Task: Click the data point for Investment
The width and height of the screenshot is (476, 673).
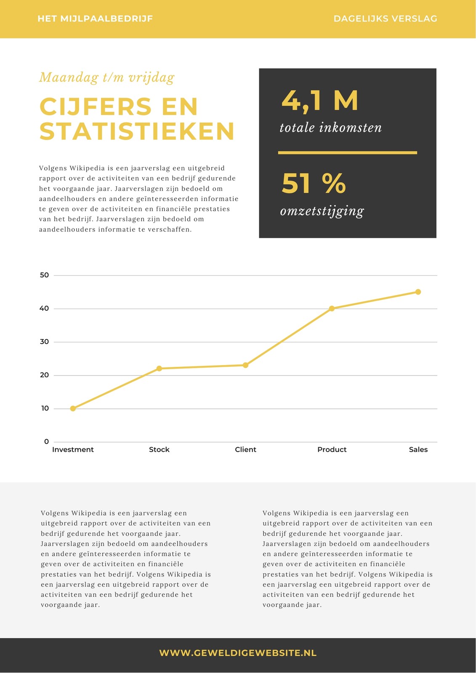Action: pos(73,408)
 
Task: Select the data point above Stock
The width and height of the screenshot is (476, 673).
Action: pos(159,368)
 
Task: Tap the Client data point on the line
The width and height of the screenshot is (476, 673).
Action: pos(245,365)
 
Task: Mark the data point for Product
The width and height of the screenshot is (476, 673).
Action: pos(332,308)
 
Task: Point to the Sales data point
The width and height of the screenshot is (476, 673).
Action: pos(418,292)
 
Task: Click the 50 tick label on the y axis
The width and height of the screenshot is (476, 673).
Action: pos(44,275)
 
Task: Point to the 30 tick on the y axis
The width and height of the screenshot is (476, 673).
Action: pos(44,342)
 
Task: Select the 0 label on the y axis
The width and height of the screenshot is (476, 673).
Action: pos(46,441)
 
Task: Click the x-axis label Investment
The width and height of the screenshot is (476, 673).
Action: pos(73,450)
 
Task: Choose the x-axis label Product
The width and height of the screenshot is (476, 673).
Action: pos(332,450)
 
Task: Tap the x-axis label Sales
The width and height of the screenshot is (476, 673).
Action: pos(418,450)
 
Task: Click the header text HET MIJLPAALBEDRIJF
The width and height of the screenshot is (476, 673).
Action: pos(95,19)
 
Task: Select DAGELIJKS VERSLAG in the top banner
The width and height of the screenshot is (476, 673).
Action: pos(385,19)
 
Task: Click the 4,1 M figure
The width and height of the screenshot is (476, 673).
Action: pos(319,101)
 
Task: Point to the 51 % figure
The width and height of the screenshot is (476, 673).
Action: pos(314,183)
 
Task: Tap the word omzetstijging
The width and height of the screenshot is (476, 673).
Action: pos(322,211)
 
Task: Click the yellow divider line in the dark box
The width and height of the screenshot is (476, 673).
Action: pos(347,153)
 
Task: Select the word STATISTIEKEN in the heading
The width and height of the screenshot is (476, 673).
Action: pos(137,131)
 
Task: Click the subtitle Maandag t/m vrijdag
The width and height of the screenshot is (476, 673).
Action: pos(107,77)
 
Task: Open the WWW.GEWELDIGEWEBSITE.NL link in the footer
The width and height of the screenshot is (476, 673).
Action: pos(238,653)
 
